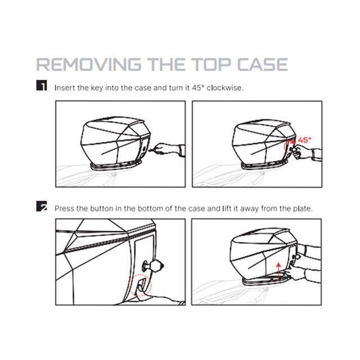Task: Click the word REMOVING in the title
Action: pos(89,64)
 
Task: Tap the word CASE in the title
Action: pos(262,64)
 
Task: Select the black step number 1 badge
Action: pos(42,85)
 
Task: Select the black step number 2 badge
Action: pos(42,206)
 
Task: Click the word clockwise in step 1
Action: pos(225,88)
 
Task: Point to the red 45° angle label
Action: pos(305,139)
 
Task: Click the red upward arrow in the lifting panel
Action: pos(278,272)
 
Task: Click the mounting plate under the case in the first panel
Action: pos(116,166)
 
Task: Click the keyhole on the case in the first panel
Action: pos(144,148)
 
